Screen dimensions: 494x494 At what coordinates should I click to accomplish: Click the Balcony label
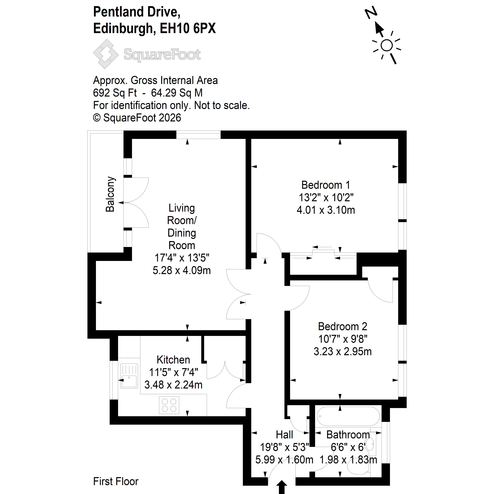click(110, 194)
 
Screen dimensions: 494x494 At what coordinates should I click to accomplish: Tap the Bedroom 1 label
click(326, 185)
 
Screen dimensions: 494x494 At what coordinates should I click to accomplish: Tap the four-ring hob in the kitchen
click(169, 405)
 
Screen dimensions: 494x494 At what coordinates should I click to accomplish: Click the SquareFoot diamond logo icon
click(106, 54)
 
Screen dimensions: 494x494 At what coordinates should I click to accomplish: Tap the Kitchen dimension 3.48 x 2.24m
click(173, 385)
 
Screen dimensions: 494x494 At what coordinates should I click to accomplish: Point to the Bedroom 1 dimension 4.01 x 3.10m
click(326, 210)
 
